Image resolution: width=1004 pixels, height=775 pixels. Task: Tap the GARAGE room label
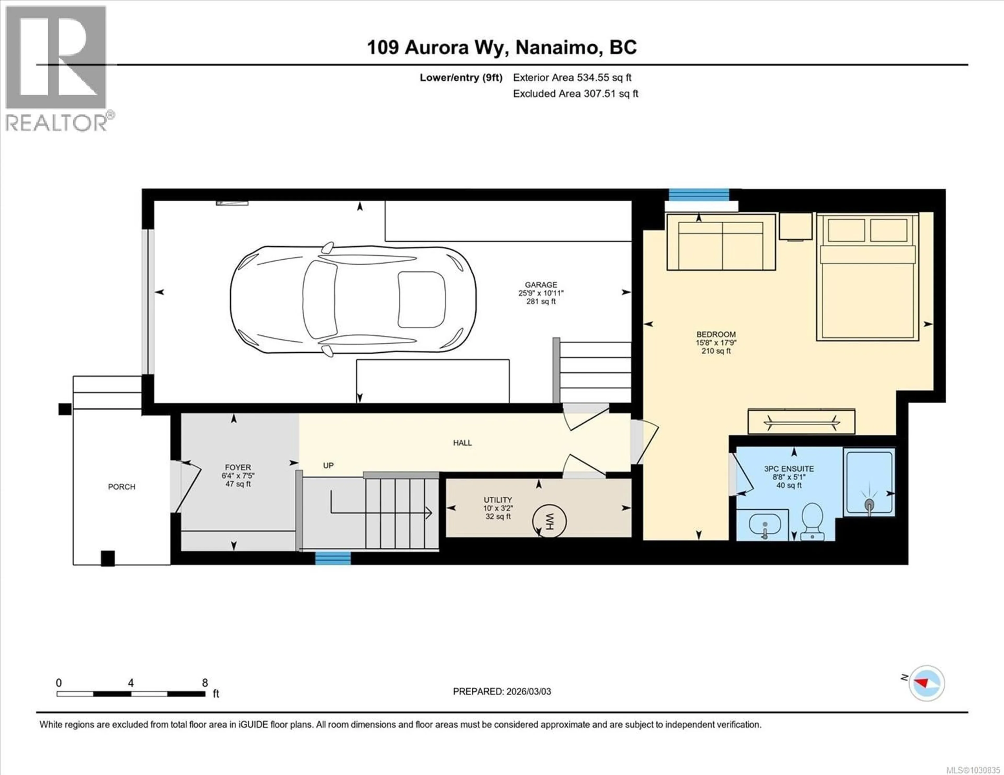pos(541,285)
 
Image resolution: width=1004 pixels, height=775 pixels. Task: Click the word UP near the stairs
pos(328,465)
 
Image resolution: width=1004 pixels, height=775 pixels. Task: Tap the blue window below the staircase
pos(332,558)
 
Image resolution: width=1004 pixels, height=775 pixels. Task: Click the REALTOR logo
pos(56,69)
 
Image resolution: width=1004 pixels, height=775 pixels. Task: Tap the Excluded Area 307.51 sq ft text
pos(575,94)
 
